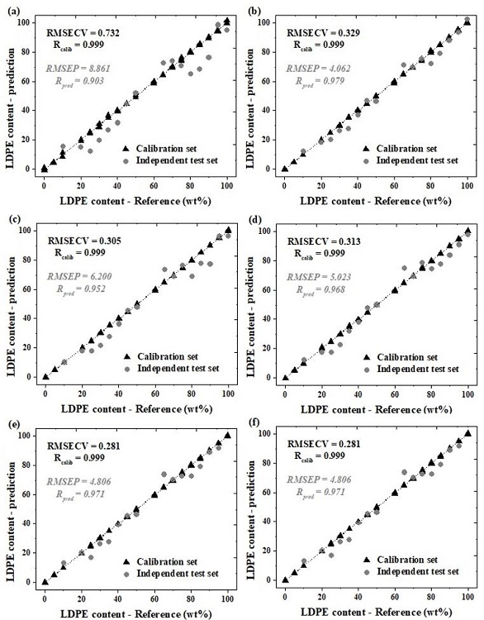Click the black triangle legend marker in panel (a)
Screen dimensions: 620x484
tap(128, 146)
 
